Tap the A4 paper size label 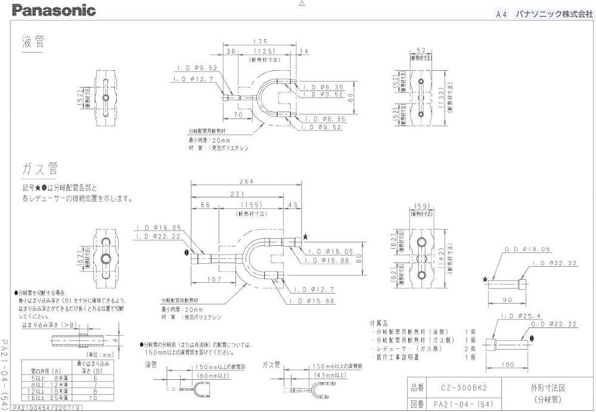tap(501, 15)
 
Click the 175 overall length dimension tap(259, 41)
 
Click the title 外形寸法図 tap(547, 387)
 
